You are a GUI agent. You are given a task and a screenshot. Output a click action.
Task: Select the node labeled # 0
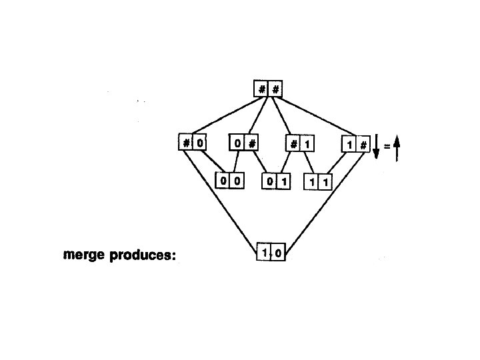[192, 143]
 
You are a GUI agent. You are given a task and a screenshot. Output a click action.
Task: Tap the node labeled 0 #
[244, 143]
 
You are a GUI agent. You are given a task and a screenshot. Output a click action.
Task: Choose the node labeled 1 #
[354, 144]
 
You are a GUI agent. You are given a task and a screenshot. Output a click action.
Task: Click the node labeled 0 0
[229, 180]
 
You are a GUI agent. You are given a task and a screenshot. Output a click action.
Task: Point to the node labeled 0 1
[276, 181]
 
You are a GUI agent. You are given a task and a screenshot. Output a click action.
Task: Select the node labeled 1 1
[318, 181]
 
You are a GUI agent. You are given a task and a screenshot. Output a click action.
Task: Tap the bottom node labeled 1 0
[271, 252]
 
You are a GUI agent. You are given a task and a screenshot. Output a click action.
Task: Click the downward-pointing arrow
[377, 146]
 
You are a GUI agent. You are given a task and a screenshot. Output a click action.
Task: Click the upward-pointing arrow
[397, 147]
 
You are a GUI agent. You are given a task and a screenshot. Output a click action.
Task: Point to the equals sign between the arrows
[387, 143]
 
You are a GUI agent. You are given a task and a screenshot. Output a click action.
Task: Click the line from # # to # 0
[223, 116]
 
